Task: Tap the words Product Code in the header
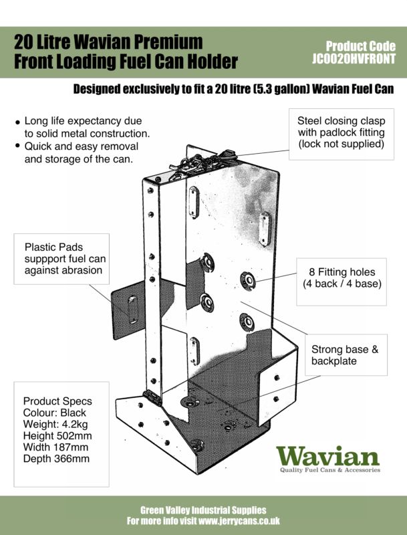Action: [x=360, y=47]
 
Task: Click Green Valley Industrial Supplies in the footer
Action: [x=203, y=510]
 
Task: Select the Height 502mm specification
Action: [x=55, y=435]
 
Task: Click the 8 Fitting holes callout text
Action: [x=342, y=272]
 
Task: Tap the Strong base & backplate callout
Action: [x=345, y=355]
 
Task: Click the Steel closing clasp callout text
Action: [x=341, y=132]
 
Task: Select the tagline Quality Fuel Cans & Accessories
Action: [x=329, y=470]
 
